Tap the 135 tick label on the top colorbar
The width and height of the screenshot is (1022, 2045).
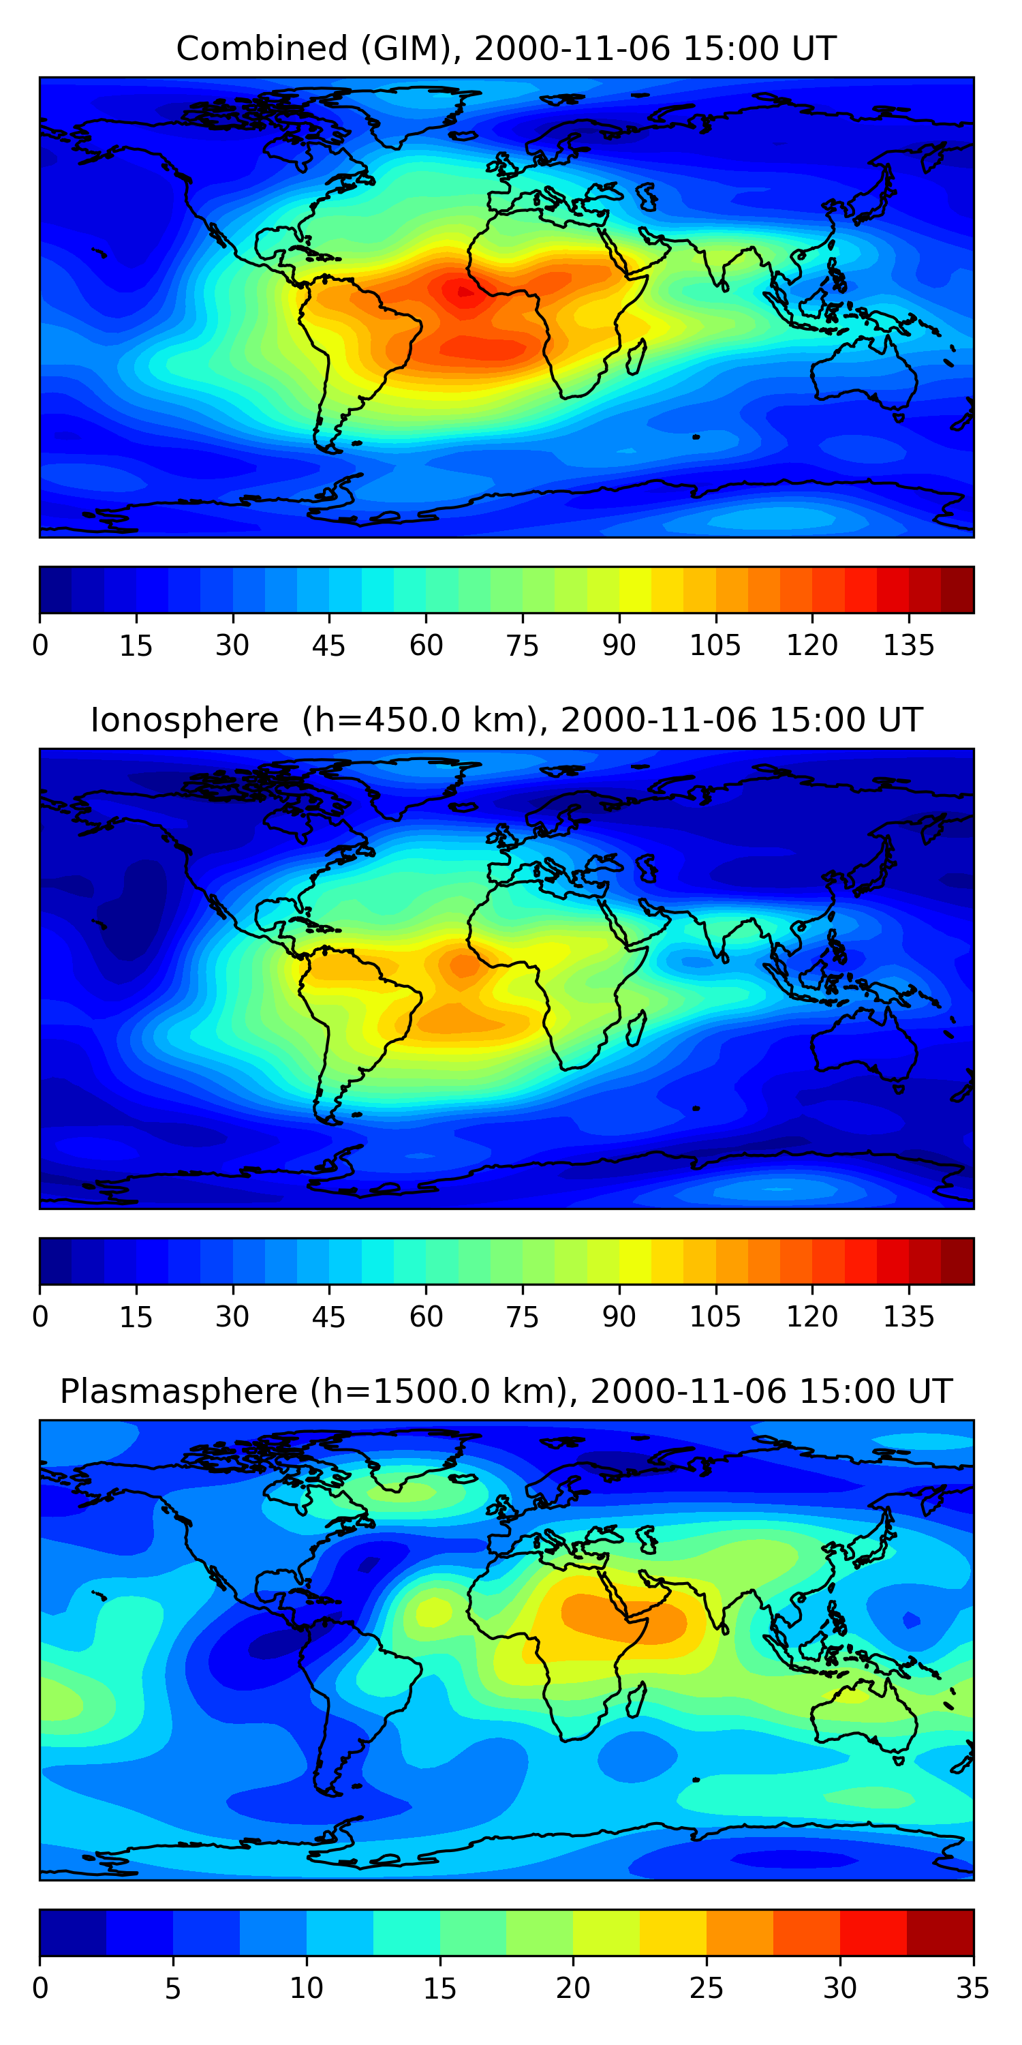click(x=908, y=646)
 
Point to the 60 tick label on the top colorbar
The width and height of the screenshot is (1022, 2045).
click(x=426, y=646)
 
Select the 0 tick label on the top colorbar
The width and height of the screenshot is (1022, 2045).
click(x=40, y=646)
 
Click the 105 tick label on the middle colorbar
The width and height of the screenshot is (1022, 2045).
click(x=715, y=1317)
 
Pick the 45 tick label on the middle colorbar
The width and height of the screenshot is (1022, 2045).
click(x=329, y=1317)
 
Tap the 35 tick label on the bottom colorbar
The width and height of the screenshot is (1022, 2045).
click(x=973, y=1988)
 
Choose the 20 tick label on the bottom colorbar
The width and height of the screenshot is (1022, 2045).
click(x=573, y=1988)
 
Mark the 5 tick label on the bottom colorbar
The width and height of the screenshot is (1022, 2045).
click(x=173, y=1988)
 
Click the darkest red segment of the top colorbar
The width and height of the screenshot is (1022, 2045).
click(x=957, y=590)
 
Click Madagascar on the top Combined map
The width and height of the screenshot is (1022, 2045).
click(x=636, y=357)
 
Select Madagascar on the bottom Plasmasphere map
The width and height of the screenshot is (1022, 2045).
click(x=636, y=1699)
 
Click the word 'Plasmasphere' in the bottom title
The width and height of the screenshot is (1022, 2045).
click(x=179, y=1392)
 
